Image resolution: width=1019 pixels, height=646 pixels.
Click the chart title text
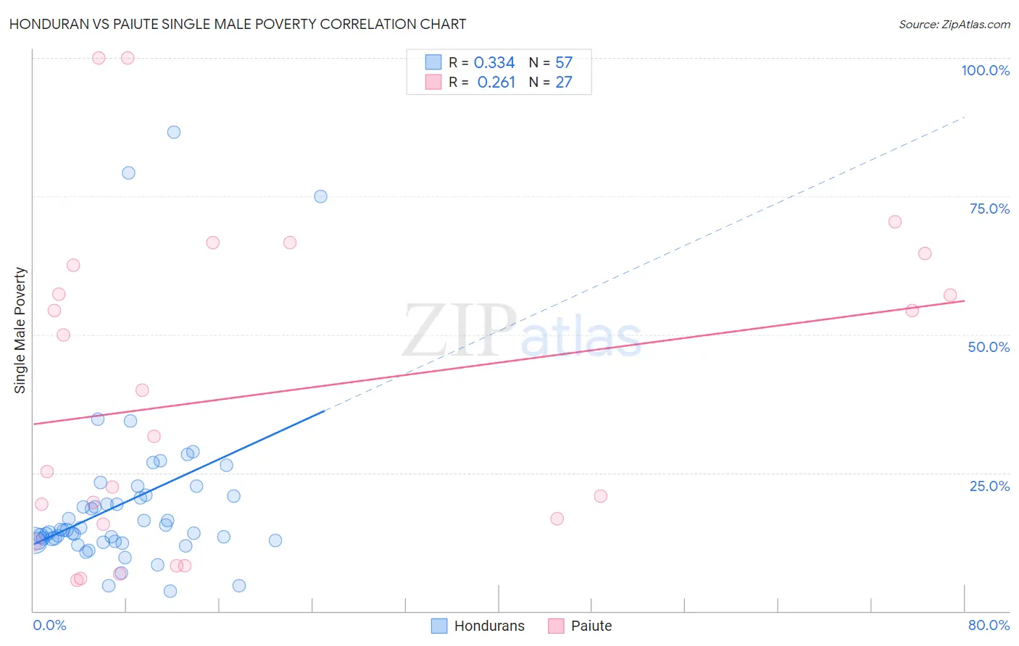238,24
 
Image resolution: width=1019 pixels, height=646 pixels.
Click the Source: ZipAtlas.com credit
954,24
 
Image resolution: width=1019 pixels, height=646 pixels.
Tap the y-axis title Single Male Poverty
20,330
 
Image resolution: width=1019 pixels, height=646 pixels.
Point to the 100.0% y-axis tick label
985,70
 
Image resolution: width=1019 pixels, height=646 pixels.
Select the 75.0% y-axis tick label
989,209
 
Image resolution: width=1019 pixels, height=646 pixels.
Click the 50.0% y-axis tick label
989,347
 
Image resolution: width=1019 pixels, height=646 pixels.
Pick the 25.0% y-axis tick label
989,486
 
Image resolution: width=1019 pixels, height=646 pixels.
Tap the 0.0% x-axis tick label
49,625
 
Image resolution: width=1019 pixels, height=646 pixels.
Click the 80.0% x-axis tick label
989,625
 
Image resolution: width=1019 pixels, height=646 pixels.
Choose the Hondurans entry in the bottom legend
478,626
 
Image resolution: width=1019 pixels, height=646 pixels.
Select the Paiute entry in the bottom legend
581,626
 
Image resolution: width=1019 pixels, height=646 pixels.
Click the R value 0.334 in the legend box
494,63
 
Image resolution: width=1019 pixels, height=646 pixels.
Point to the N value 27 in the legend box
564,83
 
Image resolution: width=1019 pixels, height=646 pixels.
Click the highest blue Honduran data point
174,132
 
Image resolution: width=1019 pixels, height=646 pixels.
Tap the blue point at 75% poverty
320,196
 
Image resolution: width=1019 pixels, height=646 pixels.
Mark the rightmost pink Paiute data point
950,295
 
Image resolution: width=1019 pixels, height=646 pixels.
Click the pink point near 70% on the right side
895,222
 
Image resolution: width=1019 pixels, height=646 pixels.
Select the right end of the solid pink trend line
964,300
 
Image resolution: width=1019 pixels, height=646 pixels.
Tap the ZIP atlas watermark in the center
522,332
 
